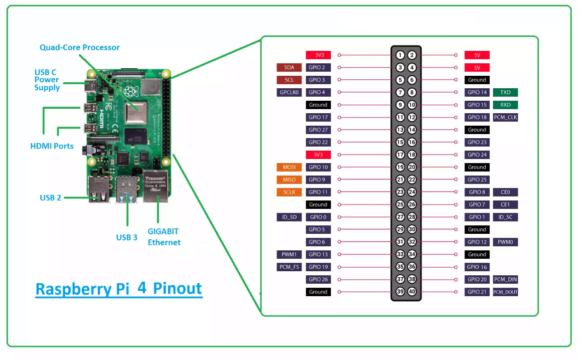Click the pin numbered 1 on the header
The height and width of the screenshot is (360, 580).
(400, 55)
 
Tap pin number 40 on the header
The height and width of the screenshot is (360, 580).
(412, 292)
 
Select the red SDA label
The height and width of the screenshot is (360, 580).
(289, 67)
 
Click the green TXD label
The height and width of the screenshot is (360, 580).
(505, 92)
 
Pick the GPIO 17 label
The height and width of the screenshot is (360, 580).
(318, 117)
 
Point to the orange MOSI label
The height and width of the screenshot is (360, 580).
(289, 167)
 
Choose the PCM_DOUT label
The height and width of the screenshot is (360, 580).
(505, 292)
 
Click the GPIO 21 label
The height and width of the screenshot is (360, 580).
(477, 292)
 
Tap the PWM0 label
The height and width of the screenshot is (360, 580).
(505, 242)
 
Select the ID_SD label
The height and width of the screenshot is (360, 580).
(289, 217)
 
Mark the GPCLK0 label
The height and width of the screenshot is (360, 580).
(289, 92)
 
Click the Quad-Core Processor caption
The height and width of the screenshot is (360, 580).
(80, 47)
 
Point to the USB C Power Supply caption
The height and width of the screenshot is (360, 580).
(47, 80)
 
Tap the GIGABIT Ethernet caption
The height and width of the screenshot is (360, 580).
(163, 237)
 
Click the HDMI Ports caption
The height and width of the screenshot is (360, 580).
(52, 146)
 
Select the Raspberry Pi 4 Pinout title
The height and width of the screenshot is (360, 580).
(119, 289)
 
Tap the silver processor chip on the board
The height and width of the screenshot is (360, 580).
(135, 112)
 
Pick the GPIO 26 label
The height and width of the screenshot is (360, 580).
(318, 279)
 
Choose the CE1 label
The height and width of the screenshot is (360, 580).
(505, 204)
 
